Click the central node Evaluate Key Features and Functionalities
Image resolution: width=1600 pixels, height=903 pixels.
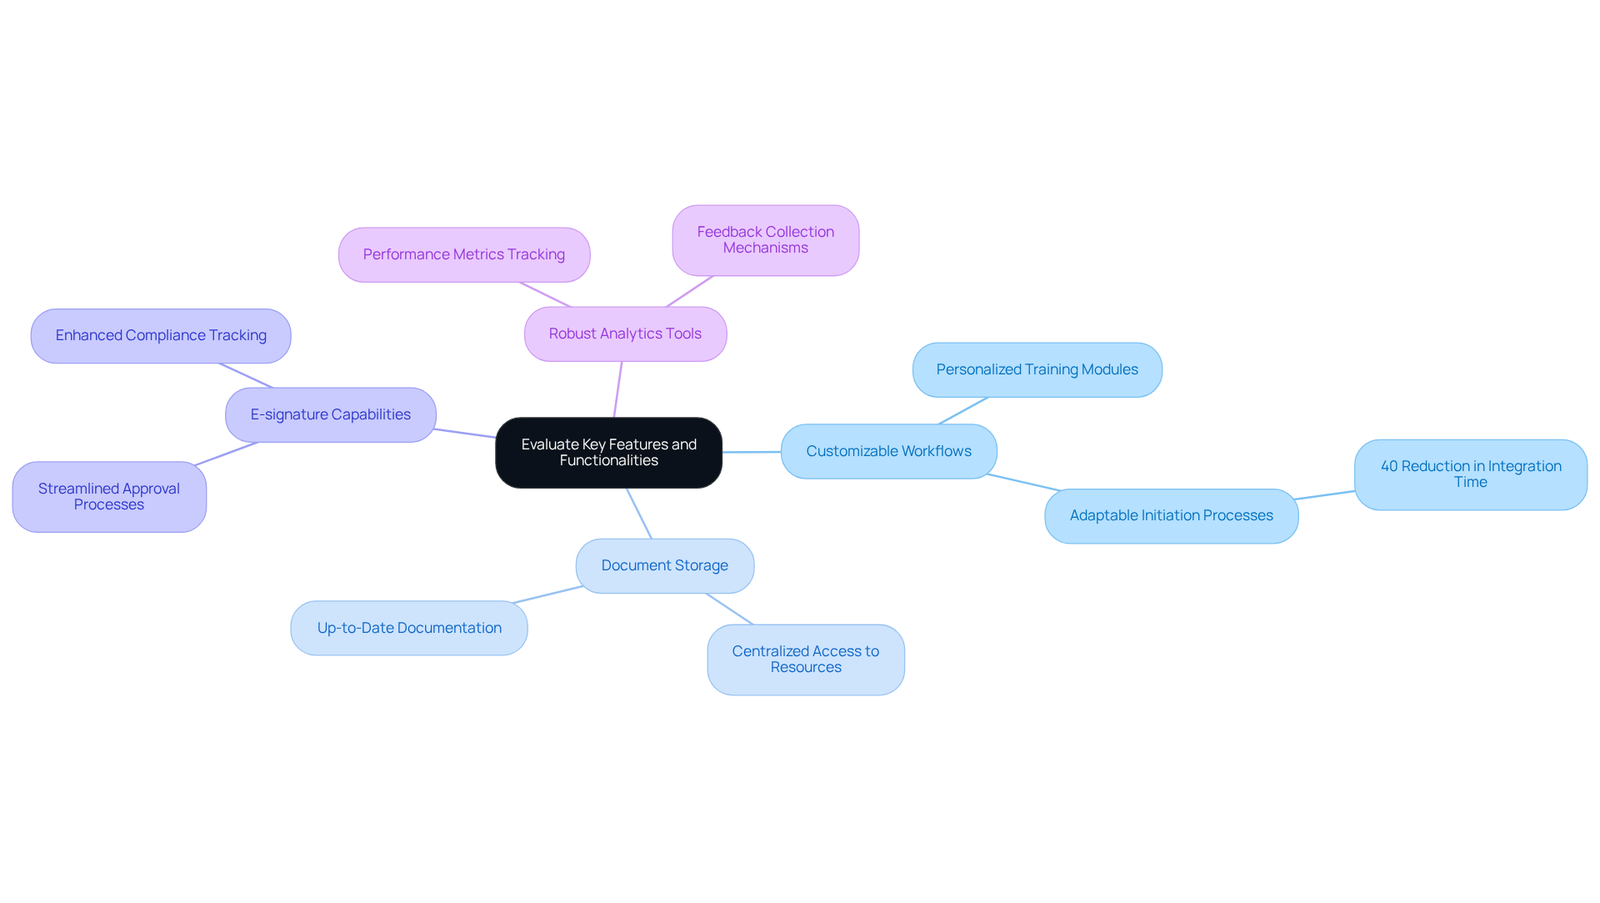(x=608, y=453)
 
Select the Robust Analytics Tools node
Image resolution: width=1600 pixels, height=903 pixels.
(x=625, y=334)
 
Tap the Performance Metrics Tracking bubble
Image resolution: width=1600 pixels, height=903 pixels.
(x=464, y=254)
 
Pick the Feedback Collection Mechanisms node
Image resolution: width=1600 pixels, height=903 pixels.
(x=765, y=240)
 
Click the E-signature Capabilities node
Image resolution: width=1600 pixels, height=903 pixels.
(x=330, y=414)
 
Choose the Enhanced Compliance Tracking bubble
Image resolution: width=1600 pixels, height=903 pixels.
(x=161, y=335)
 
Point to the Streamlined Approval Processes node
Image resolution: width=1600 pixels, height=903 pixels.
(x=109, y=497)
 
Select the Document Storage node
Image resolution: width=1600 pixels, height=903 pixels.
(x=664, y=565)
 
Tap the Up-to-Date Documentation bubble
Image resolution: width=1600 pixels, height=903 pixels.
(x=409, y=628)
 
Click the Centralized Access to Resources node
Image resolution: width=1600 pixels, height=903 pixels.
(x=805, y=660)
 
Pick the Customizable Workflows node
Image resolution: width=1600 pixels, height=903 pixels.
(x=888, y=451)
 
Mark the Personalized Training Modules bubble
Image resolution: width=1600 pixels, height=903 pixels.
(x=1037, y=369)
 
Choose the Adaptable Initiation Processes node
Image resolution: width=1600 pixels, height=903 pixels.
(x=1171, y=515)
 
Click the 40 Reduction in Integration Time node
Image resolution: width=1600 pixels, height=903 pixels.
(x=1470, y=474)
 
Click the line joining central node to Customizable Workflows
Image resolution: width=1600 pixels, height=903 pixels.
(x=752, y=452)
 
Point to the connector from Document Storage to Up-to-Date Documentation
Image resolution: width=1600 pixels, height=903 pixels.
(x=548, y=594)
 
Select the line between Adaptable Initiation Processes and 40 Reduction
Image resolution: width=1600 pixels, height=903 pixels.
(x=1326, y=495)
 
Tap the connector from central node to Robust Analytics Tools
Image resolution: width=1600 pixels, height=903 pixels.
(x=617, y=389)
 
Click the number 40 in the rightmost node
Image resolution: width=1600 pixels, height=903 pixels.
(x=1389, y=466)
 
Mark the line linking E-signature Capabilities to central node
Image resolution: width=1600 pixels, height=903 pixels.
(x=465, y=434)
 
